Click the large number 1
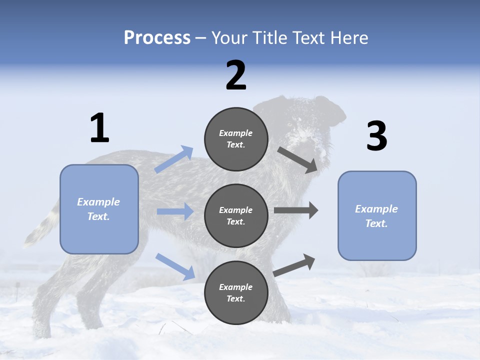99,128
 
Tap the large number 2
236,76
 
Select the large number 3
377,136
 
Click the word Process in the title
157,37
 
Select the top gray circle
236,139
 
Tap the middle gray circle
236,216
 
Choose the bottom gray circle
236,293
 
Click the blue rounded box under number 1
99,209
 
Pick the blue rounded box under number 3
377,216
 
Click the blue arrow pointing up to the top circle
174,159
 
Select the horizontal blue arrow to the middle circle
175,211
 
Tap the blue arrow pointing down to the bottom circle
175,266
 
